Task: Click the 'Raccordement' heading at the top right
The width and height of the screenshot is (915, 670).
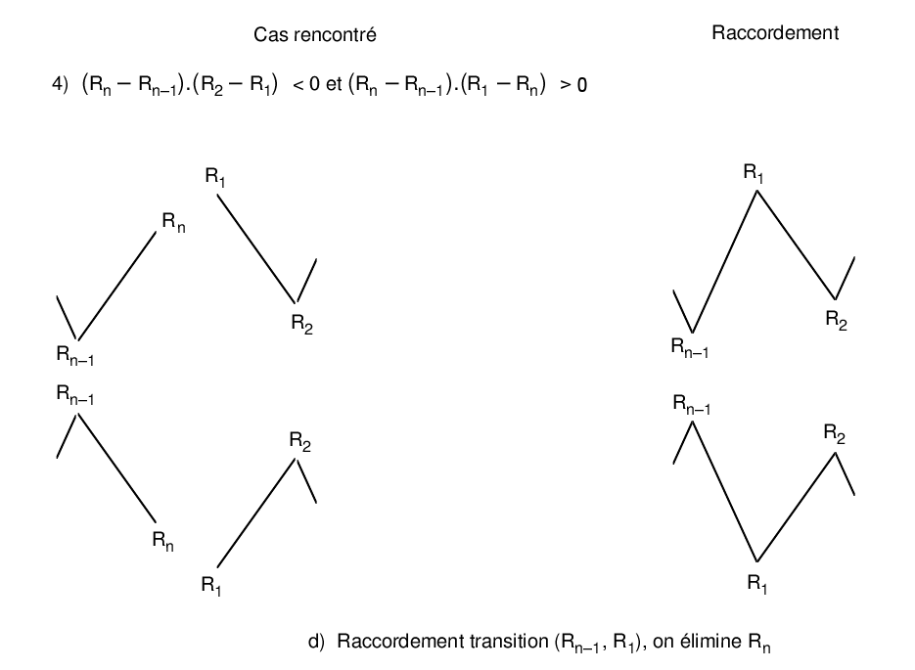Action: pos(774,32)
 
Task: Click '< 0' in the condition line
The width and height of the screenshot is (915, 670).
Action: pos(307,85)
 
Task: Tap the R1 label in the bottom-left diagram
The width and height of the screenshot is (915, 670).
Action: pos(212,585)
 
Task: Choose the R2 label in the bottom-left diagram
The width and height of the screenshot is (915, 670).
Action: pos(300,441)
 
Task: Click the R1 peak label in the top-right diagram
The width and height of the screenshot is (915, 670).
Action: pos(754,173)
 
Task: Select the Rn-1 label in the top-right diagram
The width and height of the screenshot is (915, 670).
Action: pos(690,346)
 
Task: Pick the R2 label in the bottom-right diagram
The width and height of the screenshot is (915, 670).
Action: pos(835,433)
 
